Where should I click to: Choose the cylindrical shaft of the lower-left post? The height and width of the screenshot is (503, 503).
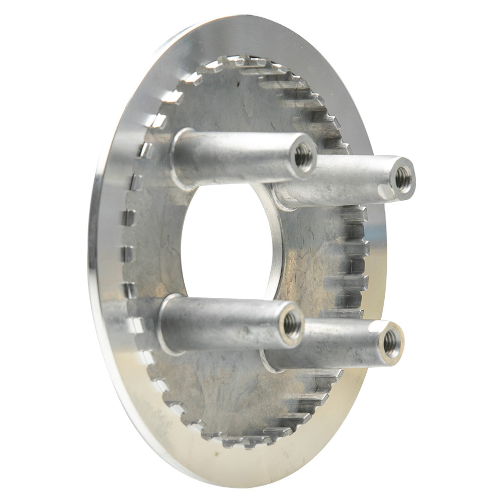pos(226,322)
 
